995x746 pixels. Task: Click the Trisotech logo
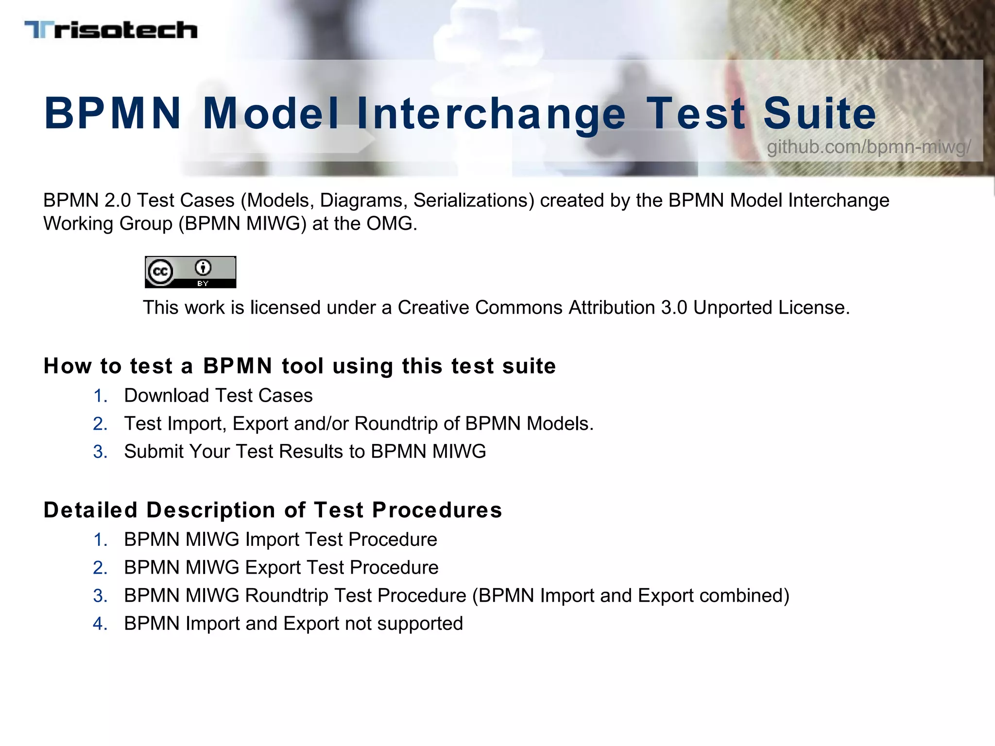(x=111, y=30)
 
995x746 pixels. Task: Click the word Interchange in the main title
(x=491, y=114)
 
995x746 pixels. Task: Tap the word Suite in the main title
(x=820, y=114)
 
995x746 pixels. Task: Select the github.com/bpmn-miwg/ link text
(x=869, y=147)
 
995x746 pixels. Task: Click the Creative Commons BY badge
(x=190, y=272)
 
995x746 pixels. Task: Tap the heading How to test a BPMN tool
(x=299, y=366)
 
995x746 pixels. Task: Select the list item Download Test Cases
(x=218, y=396)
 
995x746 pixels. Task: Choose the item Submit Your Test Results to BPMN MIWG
(x=305, y=452)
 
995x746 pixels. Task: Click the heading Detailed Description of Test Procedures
(x=273, y=510)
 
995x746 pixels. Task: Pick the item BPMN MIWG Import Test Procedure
(x=280, y=540)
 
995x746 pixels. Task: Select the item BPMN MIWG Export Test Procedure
(x=281, y=568)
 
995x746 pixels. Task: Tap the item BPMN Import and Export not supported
(x=293, y=624)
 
